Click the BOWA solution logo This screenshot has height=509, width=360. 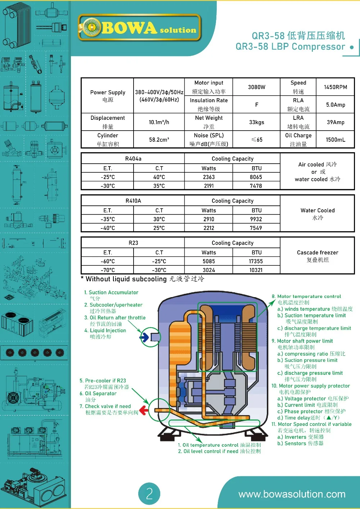tap(139, 28)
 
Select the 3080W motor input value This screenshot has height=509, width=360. tap(256, 87)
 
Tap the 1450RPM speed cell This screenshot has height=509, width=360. tap(335, 87)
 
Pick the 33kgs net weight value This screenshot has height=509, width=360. tap(256, 122)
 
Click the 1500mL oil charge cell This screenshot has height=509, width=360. tap(335, 140)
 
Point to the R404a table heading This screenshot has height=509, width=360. tap(133, 159)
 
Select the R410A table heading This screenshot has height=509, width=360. tap(133, 201)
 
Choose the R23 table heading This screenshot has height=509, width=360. tap(133, 243)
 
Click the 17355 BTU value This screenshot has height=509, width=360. tap(256, 262)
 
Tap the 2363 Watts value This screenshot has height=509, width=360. tap(209, 177)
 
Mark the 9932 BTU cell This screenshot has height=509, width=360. tap(256, 219)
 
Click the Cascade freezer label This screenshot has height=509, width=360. tap(318, 253)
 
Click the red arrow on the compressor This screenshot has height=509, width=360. tap(144, 410)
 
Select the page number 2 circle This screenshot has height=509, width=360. tap(149, 494)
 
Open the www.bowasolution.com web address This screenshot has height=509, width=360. tap(292, 494)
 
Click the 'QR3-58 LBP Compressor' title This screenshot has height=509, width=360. tap(290, 47)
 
